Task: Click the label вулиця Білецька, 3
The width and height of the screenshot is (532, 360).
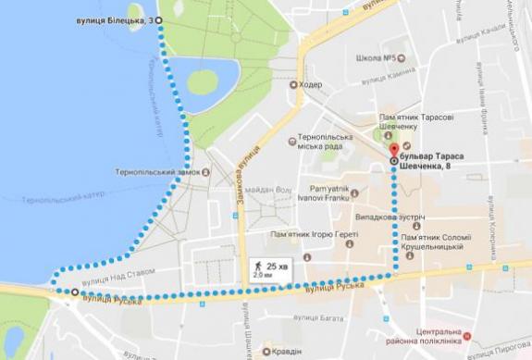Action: pos(110,19)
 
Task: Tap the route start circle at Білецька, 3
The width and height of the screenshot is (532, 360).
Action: pos(157,19)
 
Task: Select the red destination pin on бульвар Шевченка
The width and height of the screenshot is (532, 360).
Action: pos(393,149)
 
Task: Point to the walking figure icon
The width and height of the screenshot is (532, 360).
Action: pos(257,266)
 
